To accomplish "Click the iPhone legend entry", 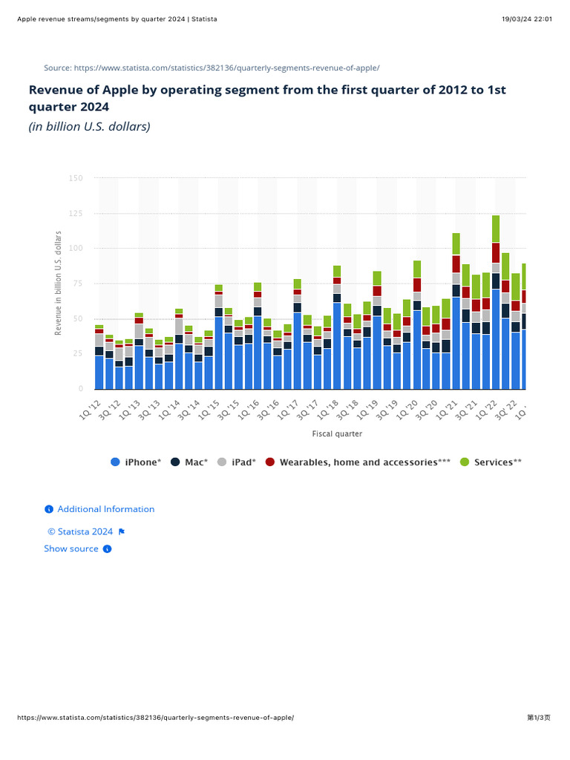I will pyautogui.click(x=136, y=462).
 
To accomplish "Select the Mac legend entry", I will pyautogui.click(x=190, y=462).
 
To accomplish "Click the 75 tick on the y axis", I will pyautogui.click(x=76, y=284).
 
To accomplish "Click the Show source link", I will pyautogui.click(x=71, y=548).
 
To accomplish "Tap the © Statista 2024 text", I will pyautogui.click(x=80, y=531).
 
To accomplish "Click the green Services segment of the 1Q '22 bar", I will pyautogui.click(x=496, y=229).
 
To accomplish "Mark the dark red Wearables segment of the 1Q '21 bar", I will pyautogui.click(x=456, y=264).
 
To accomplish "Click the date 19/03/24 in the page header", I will pyautogui.click(x=516, y=19).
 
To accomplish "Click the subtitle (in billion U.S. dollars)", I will pyautogui.click(x=89, y=127).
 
